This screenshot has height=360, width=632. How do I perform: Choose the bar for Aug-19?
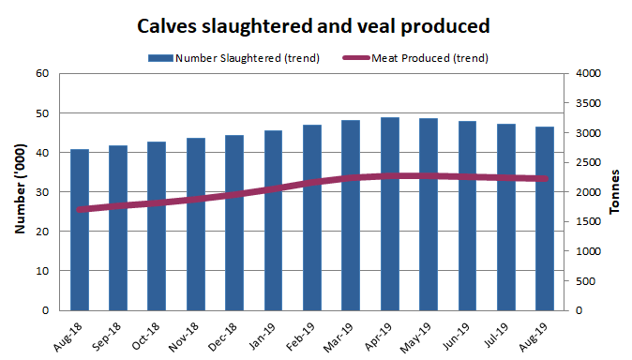point(544,218)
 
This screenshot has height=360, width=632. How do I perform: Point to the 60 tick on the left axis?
point(42,74)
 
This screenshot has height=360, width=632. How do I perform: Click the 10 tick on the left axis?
point(42,271)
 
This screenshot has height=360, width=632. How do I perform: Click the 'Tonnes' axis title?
point(615,192)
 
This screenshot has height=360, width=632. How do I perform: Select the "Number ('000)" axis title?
point(19,192)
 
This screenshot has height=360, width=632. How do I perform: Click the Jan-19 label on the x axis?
point(265,333)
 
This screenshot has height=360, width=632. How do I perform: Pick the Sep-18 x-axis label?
point(111,333)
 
